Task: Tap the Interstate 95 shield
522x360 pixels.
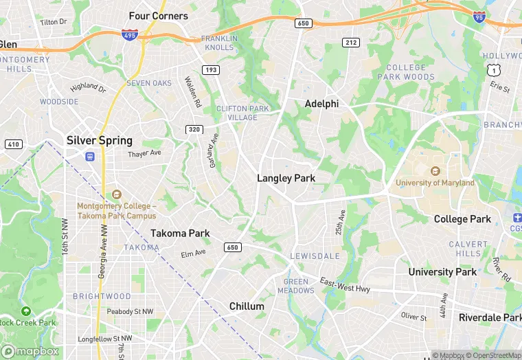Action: [479, 19]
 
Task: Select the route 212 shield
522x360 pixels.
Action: [351, 43]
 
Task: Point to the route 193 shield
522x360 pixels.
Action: [211, 69]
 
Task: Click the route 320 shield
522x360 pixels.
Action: [194, 129]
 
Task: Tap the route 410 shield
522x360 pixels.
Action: [12, 144]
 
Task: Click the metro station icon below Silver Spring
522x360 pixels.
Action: [90, 156]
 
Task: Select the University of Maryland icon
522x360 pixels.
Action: [434, 171]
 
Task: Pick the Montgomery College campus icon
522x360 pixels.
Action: [115, 195]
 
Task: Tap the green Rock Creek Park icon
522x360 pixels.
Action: [25, 311]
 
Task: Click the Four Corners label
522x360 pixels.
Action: [158, 16]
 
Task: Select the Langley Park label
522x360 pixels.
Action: [286, 178]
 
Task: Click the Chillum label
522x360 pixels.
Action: [247, 306]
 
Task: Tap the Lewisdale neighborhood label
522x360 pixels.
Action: [315, 256]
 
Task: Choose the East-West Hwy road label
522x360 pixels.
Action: [345, 286]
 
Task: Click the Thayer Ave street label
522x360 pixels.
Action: [144, 154]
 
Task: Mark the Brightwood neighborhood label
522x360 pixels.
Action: [102, 296]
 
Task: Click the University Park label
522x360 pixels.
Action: [442, 272]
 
